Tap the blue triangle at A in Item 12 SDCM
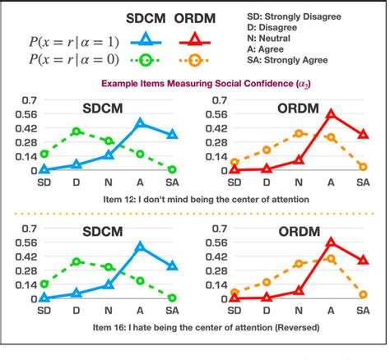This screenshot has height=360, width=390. coord(140,122)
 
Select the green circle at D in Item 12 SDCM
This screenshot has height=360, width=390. coord(77,132)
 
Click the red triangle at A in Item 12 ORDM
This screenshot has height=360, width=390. coord(331,114)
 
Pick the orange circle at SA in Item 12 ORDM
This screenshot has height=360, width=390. coord(363,167)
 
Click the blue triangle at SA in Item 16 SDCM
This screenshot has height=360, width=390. coord(172,265)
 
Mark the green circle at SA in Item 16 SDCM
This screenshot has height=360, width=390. coord(172,298)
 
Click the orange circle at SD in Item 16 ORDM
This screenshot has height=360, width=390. coord(234,293)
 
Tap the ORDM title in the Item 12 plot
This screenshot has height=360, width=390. coord(299,108)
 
